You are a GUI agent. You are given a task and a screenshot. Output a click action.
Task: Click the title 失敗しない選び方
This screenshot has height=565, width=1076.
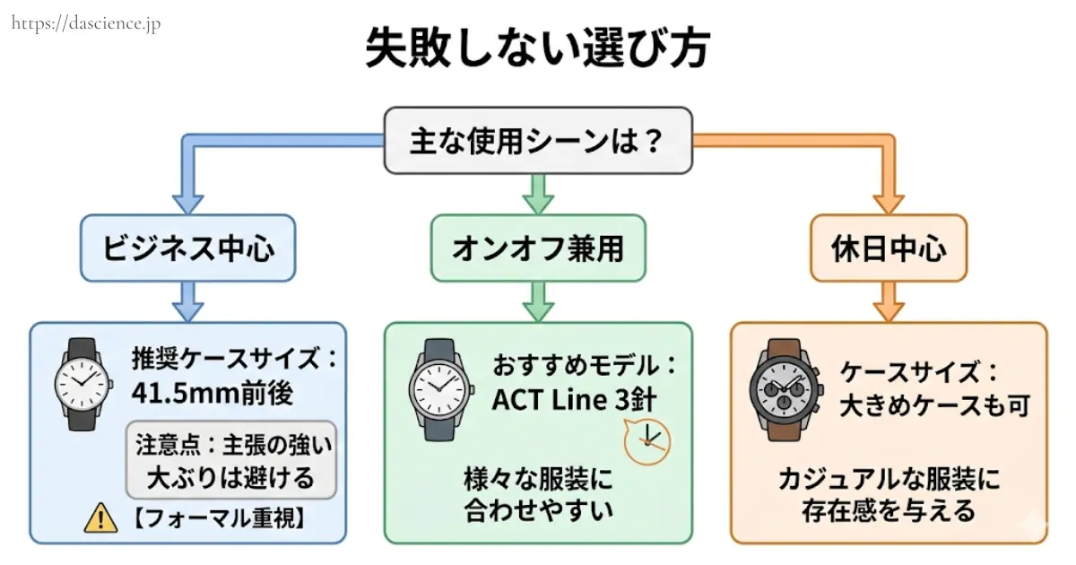(537, 49)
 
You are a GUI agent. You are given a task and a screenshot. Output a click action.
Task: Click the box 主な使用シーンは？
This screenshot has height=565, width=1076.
(537, 141)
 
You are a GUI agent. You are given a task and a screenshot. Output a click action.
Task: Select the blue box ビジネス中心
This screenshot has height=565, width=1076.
(187, 248)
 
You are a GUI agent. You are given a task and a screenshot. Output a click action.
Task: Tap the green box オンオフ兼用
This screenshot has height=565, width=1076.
(537, 248)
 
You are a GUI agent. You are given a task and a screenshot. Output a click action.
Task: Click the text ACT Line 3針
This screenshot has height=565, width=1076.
(574, 399)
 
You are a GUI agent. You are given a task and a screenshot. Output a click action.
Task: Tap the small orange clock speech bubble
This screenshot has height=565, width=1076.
(646, 440)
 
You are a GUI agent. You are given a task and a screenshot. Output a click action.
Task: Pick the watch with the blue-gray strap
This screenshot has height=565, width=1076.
(439, 389)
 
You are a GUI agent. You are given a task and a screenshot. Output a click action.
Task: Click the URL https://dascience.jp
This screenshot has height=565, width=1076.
(86, 23)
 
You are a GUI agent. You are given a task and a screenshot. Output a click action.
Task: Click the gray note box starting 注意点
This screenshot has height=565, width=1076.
(231, 459)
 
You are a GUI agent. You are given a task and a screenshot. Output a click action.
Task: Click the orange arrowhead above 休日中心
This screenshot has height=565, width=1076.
(888, 200)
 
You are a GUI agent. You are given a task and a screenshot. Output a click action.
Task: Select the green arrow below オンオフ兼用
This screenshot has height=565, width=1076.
(538, 300)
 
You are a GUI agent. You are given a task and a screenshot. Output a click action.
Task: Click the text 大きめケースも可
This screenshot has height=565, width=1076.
(933, 405)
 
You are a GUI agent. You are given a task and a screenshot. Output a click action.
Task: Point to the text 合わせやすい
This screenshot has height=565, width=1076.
(538, 510)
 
